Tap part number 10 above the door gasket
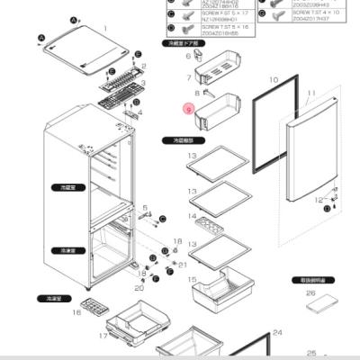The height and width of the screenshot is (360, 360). point(274,80)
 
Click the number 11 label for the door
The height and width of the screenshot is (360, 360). point(312,94)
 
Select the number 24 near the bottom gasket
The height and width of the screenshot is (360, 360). point(277,332)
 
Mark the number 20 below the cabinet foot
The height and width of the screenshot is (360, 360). point(139,288)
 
